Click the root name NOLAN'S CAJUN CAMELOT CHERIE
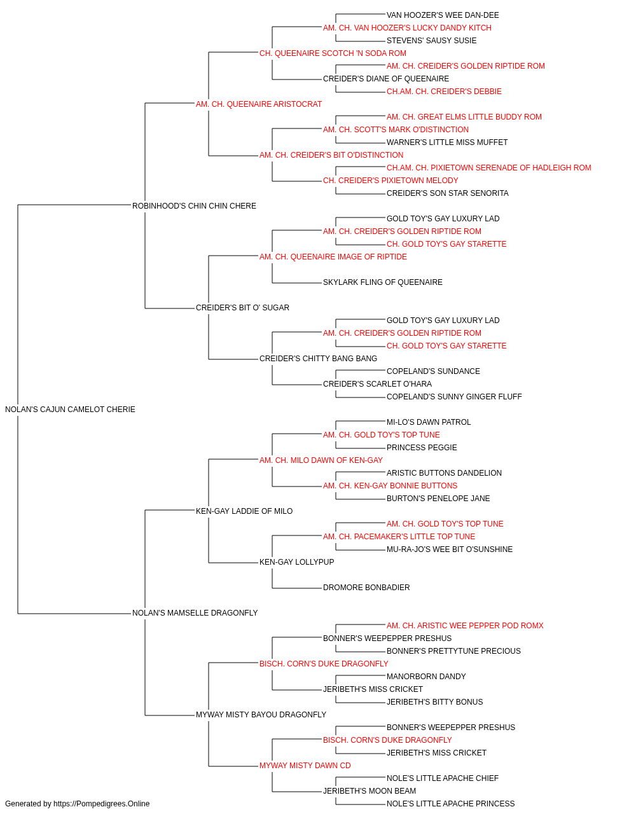pos(70,410)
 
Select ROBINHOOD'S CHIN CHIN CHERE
pos(194,206)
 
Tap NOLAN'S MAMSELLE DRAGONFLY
pos(195,613)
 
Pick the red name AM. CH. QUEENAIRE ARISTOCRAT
pos(258,104)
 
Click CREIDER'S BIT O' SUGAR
pos(242,308)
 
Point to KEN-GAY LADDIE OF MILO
pos(244,511)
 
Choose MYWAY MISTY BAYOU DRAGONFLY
pos(261,715)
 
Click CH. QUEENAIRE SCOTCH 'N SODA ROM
pos(333,53)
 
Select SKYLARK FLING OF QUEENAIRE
pos(382,282)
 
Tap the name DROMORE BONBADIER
pos(366,588)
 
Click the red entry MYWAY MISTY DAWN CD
pos(305,766)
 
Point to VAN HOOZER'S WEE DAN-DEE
pos(443,15)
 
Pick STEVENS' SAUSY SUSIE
pos(431,41)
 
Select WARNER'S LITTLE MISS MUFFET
pos(447,142)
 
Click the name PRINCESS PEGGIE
pos(422,448)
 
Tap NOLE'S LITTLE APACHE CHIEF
pos(443,778)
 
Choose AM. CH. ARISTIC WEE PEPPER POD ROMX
pos(465,626)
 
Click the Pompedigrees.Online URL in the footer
pos(101,804)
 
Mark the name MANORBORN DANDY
pos(426,677)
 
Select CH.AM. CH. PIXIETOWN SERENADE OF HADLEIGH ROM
pos(489,168)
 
